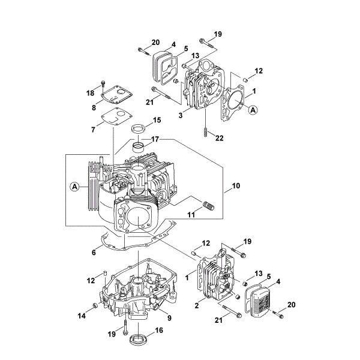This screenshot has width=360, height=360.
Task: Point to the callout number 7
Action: [92, 130]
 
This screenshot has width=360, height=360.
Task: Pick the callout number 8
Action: [94, 108]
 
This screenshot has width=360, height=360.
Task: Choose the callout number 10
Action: [236, 187]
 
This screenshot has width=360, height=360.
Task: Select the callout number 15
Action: [157, 121]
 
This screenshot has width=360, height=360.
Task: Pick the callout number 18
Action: [91, 93]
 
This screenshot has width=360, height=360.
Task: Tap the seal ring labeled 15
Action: [139, 129]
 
